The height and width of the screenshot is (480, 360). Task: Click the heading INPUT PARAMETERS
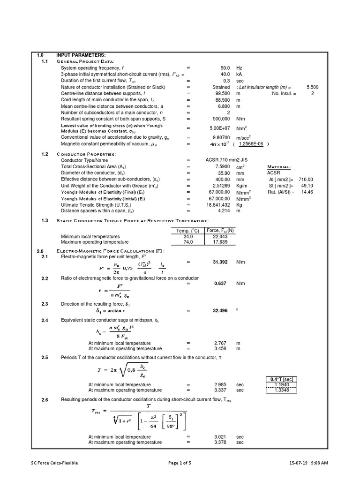81,56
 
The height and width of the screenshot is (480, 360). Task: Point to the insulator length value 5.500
312,87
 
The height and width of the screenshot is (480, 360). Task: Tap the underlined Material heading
279,166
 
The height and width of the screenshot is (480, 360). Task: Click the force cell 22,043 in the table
224,237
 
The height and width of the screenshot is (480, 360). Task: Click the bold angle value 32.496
220,310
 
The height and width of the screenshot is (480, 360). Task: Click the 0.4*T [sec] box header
281,379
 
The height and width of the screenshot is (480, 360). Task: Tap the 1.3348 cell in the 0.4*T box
281,390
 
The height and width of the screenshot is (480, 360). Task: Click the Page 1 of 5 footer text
180,463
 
